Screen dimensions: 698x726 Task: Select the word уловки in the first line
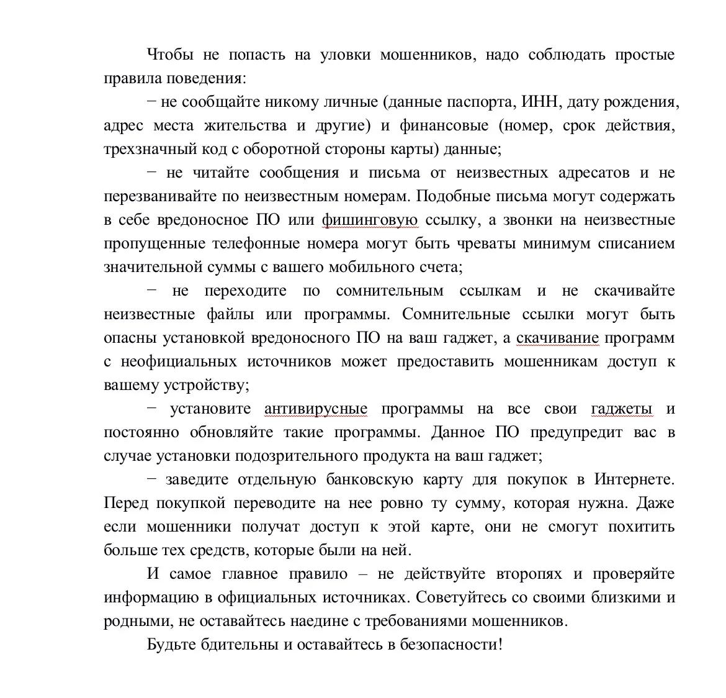coord(346,55)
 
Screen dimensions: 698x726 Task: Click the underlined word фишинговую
coord(370,220)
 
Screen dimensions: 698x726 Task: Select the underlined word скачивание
coord(557,338)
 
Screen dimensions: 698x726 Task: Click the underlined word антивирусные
coord(315,409)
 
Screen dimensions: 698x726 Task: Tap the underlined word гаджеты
coord(621,409)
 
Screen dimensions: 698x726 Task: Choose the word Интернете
coord(634,479)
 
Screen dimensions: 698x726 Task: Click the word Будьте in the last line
coord(171,645)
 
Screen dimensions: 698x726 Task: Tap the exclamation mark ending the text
coord(500,645)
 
